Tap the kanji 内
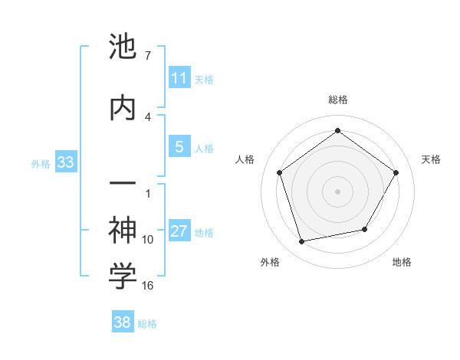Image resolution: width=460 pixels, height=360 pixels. [x=123, y=106]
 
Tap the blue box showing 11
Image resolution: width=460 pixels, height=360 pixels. [x=179, y=79]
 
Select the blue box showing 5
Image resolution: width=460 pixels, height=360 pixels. [x=179, y=148]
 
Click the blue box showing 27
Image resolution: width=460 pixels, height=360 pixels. [x=179, y=232]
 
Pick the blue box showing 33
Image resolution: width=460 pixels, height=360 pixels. [x=65, y=163]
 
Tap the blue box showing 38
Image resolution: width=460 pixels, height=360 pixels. [x=123, y=323]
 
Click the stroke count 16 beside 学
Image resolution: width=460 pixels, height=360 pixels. [x=148, y=286]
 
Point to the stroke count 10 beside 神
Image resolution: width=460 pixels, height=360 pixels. [x=148, y=240]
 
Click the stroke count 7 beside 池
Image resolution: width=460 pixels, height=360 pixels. [x=147, y=56]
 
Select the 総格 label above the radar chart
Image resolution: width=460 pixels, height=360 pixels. [x=338, y=100]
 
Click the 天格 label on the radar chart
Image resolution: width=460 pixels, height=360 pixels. [x=432, y=159]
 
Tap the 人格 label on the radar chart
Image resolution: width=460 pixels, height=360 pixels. [x=245, y=159]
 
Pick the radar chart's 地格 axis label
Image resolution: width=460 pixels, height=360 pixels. [x=402, y=262]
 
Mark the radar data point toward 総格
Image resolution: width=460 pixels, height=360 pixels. [x=338, y=131]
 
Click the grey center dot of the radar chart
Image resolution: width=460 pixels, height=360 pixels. [x=338, y=191]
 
